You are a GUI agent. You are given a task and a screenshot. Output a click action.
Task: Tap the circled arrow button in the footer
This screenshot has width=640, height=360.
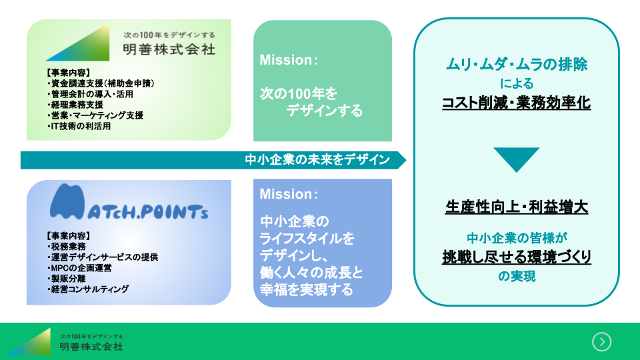[601, 341]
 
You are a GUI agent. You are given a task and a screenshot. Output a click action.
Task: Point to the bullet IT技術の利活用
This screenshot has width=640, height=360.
[79, 125]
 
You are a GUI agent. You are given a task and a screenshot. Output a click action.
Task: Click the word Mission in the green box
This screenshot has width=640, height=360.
[285, 60]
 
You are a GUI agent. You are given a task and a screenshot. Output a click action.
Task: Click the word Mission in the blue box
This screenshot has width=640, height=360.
[285, 195]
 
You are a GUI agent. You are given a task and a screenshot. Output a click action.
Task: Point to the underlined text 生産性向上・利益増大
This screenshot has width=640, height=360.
[517, 207]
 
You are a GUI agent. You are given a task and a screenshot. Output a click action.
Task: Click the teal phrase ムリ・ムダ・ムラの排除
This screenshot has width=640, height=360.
[517, 65]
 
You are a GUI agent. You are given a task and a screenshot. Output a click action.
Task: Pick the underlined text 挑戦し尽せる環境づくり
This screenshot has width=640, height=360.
[517, 257]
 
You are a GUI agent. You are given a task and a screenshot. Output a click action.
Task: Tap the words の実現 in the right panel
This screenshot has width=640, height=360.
[517, 277]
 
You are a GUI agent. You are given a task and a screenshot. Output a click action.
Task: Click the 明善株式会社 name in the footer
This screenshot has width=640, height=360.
[91, 347]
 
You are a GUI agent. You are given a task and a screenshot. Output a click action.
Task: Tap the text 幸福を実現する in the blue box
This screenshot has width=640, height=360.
[306, 290]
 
